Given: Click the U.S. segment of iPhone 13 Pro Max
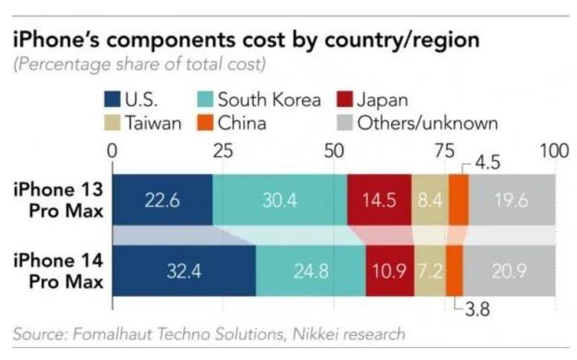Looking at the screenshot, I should (161, 200).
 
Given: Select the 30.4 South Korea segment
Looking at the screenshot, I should (279, 200).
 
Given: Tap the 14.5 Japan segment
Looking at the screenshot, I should (378, 200).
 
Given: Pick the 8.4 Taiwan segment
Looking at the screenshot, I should (430, 200).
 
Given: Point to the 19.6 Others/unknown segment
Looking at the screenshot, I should (512, 200).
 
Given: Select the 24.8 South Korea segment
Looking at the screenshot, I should (310, 271).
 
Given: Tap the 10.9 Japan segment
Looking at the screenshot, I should (390, 271).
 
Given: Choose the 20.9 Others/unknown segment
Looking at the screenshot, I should (509, 271).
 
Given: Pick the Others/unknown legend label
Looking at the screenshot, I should (428, 123).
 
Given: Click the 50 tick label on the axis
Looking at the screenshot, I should (333, 151).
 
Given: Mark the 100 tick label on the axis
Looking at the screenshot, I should (553, 151).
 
